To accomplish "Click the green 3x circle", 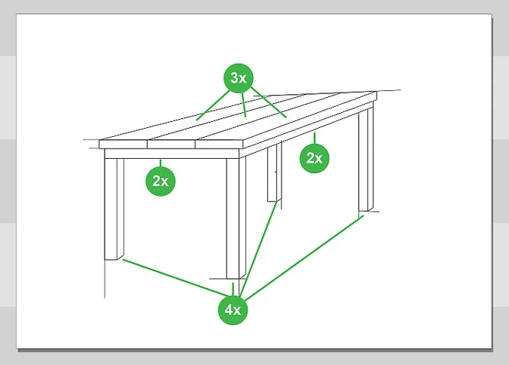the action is tap(238, 78).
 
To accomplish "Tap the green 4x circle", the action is tap(233, 310).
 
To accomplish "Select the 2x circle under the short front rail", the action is tap(160, 181).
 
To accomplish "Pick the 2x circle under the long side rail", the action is tap(314, 158).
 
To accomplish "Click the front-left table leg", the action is tap(114, 208).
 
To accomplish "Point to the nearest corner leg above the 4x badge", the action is tap(236, 218).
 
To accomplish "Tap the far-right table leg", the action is tap(366, 159).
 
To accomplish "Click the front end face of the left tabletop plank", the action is tap(123, 144).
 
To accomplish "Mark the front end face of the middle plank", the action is tap(172, 144).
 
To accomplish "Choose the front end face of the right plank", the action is tap(219, 144).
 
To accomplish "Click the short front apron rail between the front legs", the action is tap(172, 154).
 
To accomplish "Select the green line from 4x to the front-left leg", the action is tap(175, 278).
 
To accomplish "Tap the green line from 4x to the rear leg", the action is tap(258, 248).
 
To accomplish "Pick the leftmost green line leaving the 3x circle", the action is tap(213, 105).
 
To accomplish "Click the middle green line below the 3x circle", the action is tap(243, 105).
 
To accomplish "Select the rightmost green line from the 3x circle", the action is tap(269, 102).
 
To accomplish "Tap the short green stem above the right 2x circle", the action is tap(314, 138).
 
